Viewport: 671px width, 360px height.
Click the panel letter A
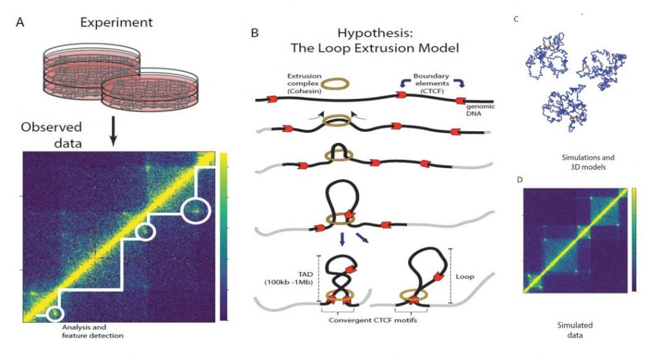coord(20,22)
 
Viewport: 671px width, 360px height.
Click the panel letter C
coord(516,19)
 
